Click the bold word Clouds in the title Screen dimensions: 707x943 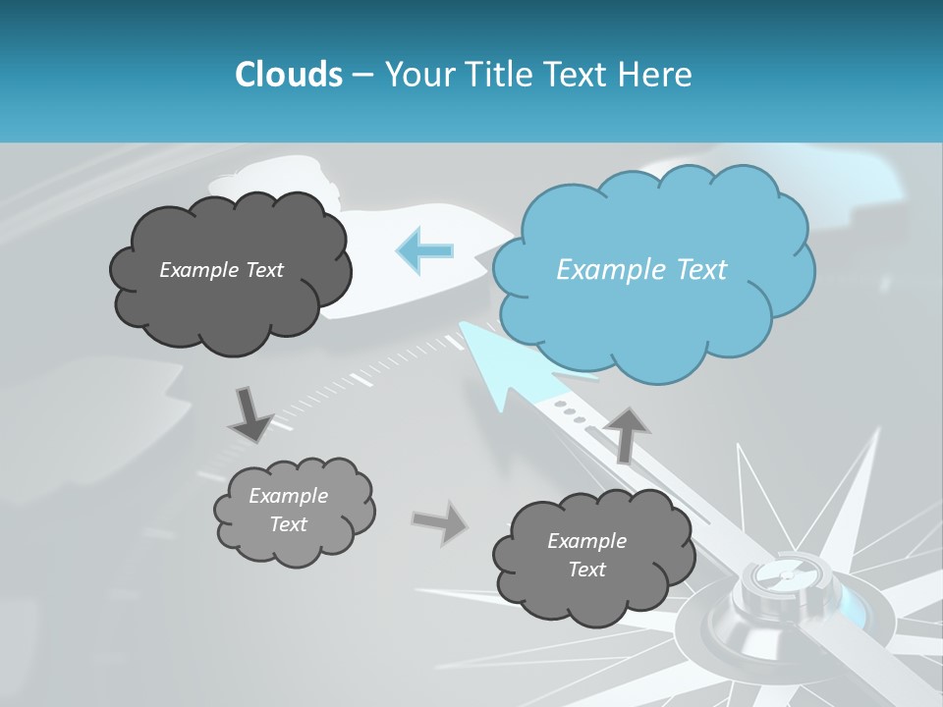(x=288, y=75)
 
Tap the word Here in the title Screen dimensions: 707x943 (x=656, y=75)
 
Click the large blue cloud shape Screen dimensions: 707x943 (x=653, y=270)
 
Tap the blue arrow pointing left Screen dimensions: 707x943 (x=424, y=250)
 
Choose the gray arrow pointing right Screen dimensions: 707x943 (x=439, y=521)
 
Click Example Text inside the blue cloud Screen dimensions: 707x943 (x=641, y=270)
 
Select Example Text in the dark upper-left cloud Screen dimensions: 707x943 (x=221, y=270)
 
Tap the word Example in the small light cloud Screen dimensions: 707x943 (x=288, y=496)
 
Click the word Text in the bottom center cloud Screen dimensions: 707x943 (x=587, y=570)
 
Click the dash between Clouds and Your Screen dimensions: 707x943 (x=362, y=75)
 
